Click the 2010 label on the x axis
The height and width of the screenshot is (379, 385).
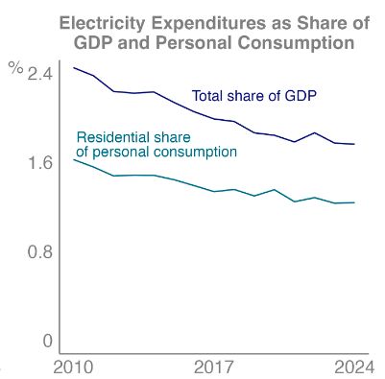73,367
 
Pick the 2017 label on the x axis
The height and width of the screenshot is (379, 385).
214,367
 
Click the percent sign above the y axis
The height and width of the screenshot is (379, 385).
14,67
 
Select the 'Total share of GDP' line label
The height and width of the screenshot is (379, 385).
254,96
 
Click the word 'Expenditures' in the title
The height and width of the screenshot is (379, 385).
219,24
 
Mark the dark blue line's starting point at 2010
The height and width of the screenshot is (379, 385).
73,67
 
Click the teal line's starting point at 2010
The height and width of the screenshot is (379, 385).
73,159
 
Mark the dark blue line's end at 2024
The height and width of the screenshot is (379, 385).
354,144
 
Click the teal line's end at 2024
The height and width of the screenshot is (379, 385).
354,202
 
